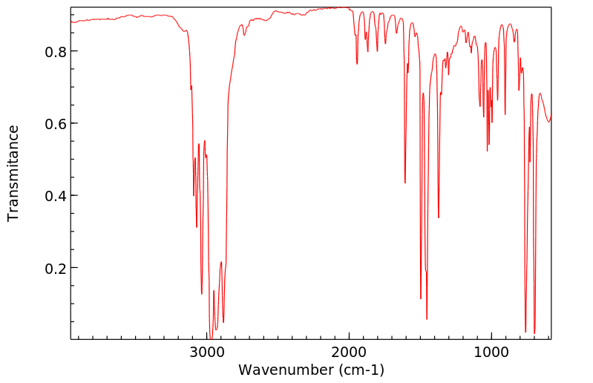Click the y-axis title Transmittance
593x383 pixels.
coord(13,173)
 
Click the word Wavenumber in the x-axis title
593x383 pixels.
coord(283,369)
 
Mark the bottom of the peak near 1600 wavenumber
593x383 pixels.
coord(405,183)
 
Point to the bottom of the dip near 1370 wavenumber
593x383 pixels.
coord(439,217)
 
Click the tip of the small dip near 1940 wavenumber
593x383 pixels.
coord(357,64)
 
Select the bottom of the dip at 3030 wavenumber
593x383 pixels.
coord(202,294)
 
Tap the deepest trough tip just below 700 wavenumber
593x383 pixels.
coord(534,333)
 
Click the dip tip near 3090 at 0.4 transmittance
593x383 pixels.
coord(194,195)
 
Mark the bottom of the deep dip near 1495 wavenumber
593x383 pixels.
coord(421,298)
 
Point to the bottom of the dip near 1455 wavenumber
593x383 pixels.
coord(427,319)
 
